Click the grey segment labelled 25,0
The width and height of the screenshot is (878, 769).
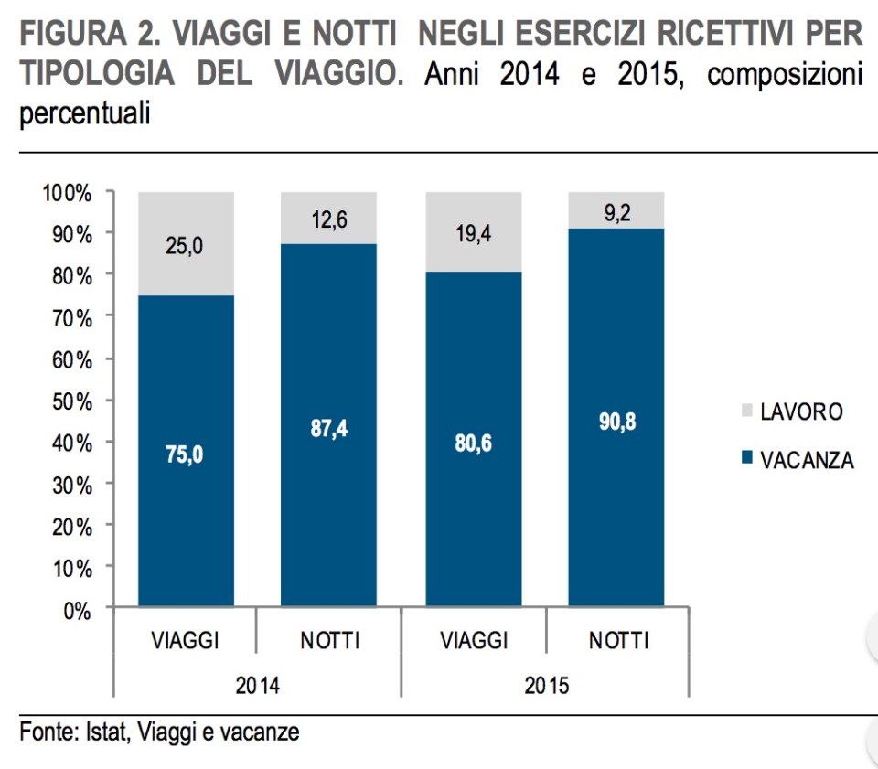[185, 244]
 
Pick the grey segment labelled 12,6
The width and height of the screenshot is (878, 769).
[328, 219]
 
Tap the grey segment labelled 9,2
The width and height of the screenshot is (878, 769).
[617, 211]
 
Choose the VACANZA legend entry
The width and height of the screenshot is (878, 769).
[806, 460]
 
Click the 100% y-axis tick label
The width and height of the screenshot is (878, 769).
[67, 193]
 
